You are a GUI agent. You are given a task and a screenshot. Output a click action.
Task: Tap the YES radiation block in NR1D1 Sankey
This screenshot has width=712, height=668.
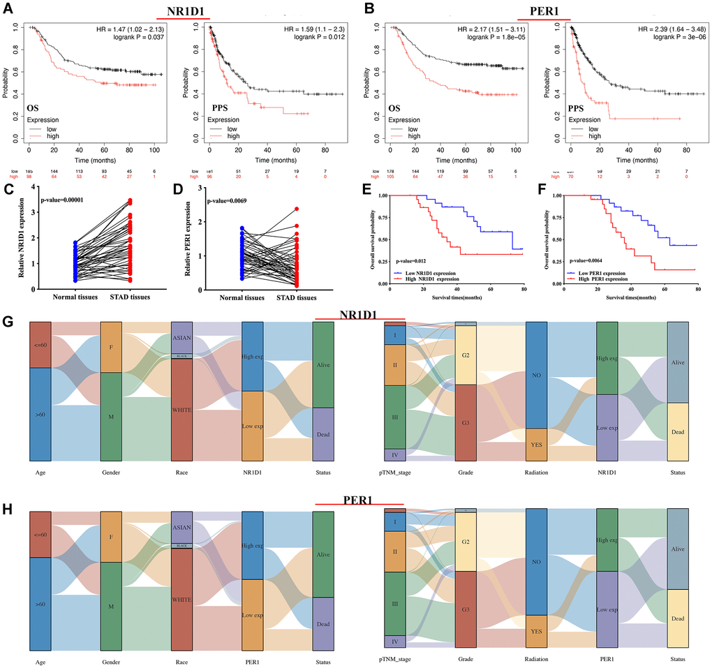pyautogui.click(x=535, y=444)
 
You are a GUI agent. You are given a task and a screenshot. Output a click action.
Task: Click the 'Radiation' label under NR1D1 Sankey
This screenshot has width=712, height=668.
pyautogui.click(x=535, y=472)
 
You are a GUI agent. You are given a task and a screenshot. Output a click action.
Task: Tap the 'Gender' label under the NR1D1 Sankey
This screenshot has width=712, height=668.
pyautogui.click(x=111, y=472)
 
